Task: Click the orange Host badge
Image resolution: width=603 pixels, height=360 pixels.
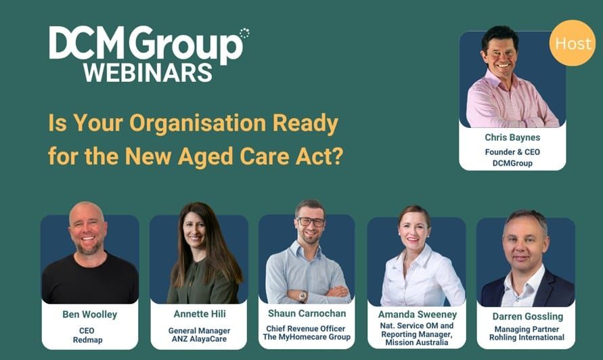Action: [572, 43]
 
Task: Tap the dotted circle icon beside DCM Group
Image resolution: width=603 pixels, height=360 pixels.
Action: [244, 33]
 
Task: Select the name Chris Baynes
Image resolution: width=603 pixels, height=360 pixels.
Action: [512, 137]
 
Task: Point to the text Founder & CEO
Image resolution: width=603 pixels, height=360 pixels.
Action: [512, 152]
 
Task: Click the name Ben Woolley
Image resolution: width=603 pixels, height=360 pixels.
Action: [89, 314]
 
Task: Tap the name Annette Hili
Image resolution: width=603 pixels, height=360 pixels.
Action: [198, 314]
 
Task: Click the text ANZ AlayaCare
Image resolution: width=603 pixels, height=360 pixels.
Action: [198, 340]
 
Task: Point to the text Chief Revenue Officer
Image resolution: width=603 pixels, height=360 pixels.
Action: [307, 329]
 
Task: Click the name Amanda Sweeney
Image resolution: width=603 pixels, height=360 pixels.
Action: [416, 315]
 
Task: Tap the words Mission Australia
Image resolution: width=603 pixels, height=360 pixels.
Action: [416, 342]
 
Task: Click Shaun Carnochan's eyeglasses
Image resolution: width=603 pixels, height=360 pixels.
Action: [311, 221]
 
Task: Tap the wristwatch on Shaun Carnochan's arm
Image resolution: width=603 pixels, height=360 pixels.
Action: [303, 295]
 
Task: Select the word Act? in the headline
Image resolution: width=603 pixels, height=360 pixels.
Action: [326, 156]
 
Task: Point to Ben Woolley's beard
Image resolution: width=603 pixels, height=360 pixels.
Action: [88, 246]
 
